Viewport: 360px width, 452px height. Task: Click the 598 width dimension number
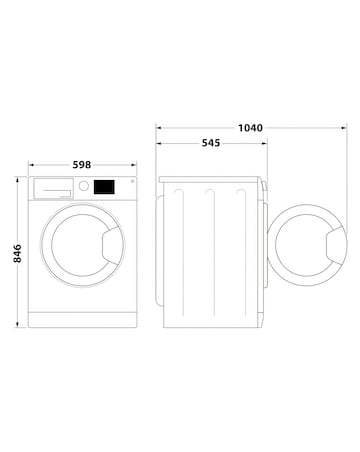[x=84, y=165]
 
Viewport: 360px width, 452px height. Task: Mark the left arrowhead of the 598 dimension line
[x=32, y=165]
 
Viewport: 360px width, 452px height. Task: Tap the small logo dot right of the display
[x=128, y=184]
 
